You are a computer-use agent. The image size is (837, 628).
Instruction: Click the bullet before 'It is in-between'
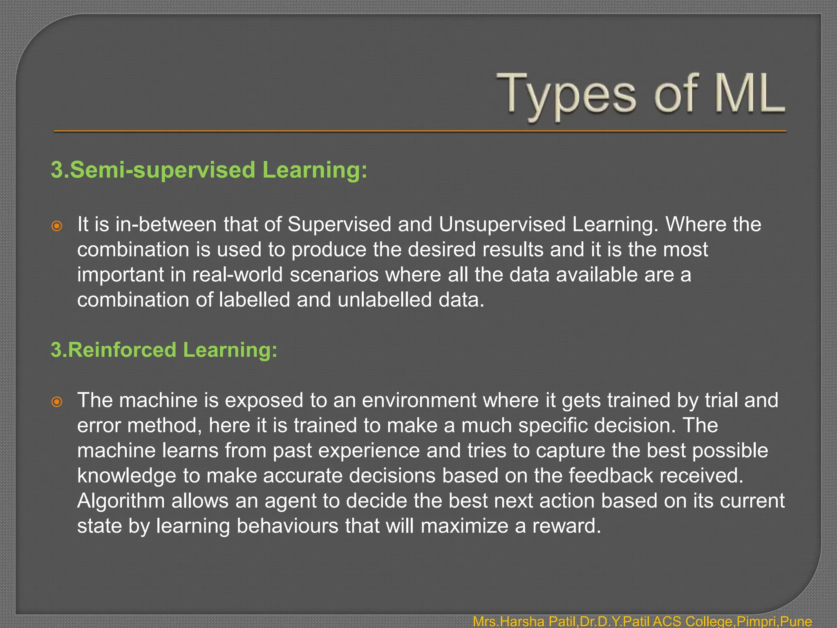(57, 226)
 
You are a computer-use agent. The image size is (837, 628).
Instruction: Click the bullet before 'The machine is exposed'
(57, 401)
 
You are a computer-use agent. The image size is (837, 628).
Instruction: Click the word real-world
(237, 274)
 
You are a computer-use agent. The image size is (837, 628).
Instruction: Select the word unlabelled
(384, 300)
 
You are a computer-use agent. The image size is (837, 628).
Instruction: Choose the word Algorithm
(121, 501)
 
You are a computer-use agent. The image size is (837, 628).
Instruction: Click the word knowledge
(126, 476)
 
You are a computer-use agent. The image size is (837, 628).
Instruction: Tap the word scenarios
(334, 275)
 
